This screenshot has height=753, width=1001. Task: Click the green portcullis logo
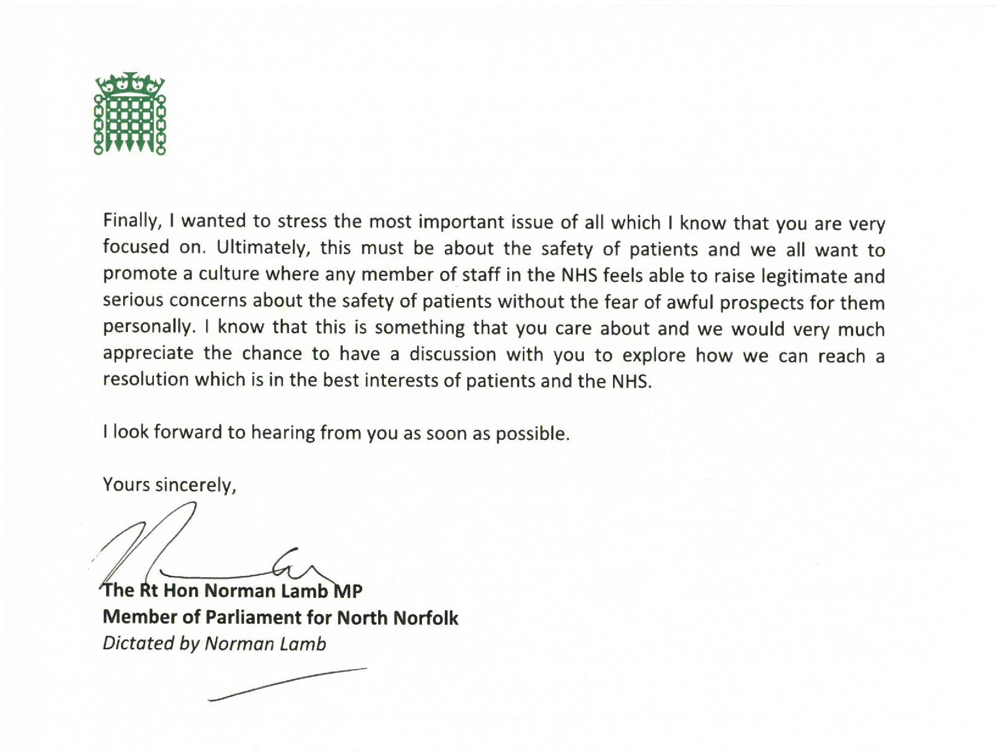pos(130,113)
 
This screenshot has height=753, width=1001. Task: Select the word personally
pos(148,328)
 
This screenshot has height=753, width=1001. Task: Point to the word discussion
pos(453,354)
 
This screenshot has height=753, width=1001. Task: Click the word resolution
pos(146,379)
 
